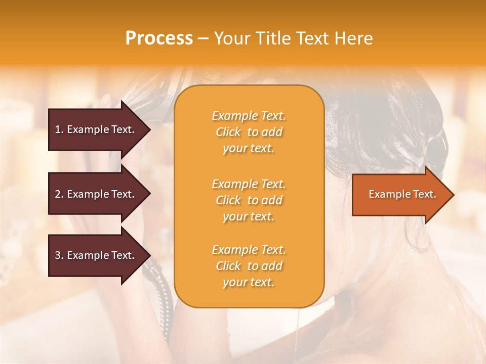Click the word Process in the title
[x=159, y=38]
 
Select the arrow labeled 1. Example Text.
[x=95, y=129]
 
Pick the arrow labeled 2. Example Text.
[x=95, y=194]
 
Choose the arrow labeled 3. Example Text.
[x=95, y=255]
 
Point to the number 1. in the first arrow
[x=59, y=129]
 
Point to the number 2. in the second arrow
[x=59, y=194]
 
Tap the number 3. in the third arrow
[x=59, y=255]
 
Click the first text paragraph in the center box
[x=249, y=132]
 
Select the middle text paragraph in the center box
[x=249, y=200]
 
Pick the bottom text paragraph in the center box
[x=249, y=266]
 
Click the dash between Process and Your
[x=203, y=39]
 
